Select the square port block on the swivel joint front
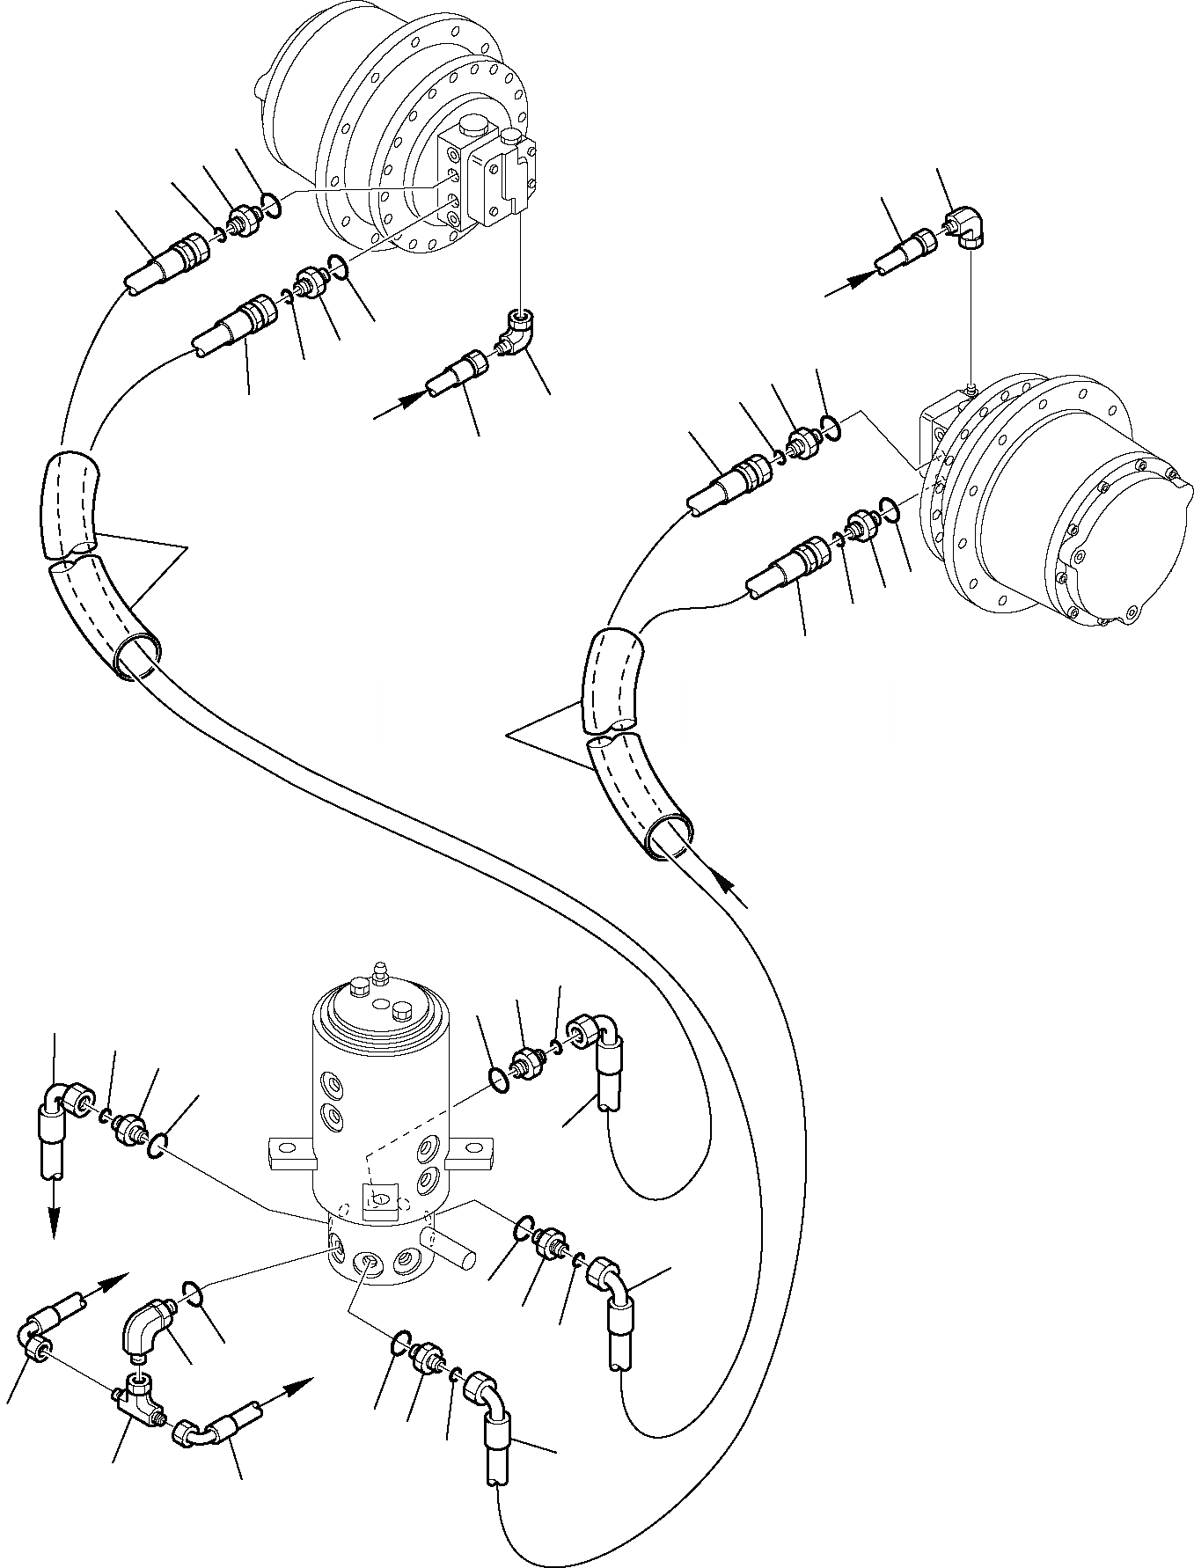380,1198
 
